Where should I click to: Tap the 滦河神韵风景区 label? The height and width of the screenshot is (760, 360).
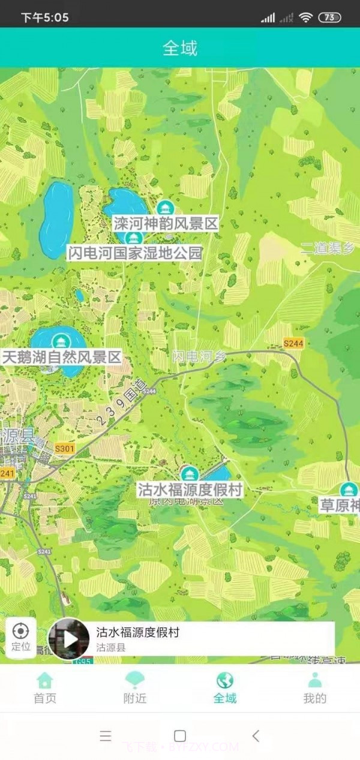(x=166, y=224)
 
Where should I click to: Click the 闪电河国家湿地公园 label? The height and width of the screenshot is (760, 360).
(x=135, y=253)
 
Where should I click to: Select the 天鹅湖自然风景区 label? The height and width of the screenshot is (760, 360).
(x=62, y=358)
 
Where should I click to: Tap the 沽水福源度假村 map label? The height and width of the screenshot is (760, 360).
(x=190, y=489)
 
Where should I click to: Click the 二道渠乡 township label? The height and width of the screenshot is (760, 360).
(x=328, y=248)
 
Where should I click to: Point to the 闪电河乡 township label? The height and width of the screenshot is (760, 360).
(x=200, y=356)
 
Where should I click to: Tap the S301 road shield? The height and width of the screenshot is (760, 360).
(x=64, y=448)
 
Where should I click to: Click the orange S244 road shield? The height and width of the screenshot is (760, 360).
(x=294, y=343)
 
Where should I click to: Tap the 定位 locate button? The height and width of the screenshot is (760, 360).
(x=21, y=637)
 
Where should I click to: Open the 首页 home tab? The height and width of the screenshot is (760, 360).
(x=45, y=687)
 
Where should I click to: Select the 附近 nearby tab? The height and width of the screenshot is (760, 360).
(x=135, y=687)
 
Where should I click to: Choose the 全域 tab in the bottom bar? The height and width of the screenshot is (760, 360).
(x=225, y=687)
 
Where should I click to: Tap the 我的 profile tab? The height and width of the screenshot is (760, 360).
(x=314, y=687)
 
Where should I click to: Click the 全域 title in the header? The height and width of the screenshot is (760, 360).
(x=180, y=48)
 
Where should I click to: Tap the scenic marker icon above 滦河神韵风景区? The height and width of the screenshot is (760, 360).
(x=164, y=208)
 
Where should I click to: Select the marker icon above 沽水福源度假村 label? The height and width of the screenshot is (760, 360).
(x=190, y=474)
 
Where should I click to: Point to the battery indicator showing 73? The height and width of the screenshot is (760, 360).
(x=329, y=17)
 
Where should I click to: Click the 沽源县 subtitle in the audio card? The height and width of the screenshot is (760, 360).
(x=111, y=648)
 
